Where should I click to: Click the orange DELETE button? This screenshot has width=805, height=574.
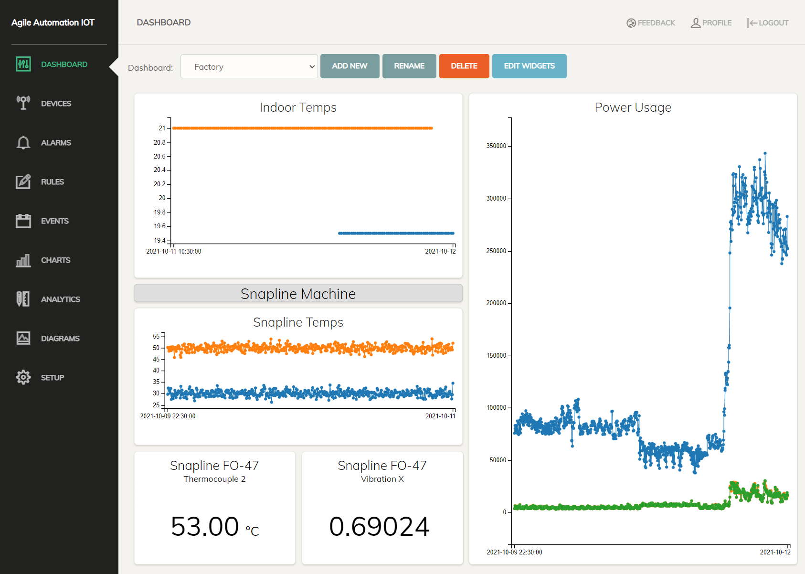pos(464,66)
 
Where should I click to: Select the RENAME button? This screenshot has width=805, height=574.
pos(409,66)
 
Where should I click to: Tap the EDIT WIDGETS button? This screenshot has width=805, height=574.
pos(529,66)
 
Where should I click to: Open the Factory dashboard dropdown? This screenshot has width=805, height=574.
pos(249,67)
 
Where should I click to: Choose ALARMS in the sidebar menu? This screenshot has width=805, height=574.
pos(56,143)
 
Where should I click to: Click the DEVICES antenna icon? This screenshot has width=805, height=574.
pos(23,103)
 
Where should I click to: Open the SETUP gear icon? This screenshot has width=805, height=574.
pos(23,377)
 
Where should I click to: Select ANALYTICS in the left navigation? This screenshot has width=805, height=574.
pos(60,299)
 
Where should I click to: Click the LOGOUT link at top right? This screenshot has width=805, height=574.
pos(768,23)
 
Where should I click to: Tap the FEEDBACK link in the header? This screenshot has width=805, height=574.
pos(651,23)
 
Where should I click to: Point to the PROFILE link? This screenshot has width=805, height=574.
pos(711,23)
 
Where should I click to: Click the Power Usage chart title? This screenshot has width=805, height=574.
pos(633,107)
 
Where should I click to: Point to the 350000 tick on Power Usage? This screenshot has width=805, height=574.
pos(496,146)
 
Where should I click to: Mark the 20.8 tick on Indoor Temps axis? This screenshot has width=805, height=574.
pos(159,142)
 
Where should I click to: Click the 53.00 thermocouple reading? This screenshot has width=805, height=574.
pos(205,526)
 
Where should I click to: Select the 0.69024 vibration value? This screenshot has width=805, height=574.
pos(379,526)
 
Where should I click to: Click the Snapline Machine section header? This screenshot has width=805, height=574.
pos(298,294)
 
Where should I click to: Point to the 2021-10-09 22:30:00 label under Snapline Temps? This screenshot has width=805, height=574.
pos(168,416)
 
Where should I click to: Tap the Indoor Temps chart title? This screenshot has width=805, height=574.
pos(298,107)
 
